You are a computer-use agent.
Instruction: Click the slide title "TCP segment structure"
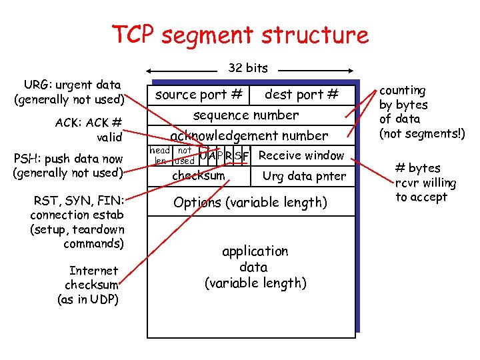[x=239, y=34]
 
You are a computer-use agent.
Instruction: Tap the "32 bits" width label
[x=248, y=68]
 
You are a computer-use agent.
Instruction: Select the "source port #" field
[x=199, y=95]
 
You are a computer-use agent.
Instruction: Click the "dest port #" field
[x=302, y=95]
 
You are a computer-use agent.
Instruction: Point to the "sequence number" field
[x=246, y=115]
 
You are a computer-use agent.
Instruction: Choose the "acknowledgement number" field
[x=249, y=135]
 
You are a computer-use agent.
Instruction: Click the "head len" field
[x=160, y=155]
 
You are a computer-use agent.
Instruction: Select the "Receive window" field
[x=301, y=155]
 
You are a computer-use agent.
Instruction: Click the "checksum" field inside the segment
[x=199, y=175]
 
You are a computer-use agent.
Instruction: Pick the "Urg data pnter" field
[x=305, y=176]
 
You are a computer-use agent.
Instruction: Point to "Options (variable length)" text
[x=250, y=202]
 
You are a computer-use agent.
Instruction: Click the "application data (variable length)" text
[x=255, y=267]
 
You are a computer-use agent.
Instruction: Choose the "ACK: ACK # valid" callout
[x=93, y=129]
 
